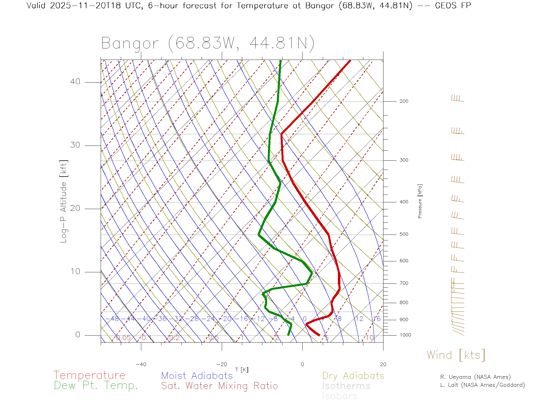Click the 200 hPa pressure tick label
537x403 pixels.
tap(404, 101)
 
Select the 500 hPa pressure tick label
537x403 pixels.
tap(404, 235)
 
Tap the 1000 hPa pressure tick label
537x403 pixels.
tap(405, 335)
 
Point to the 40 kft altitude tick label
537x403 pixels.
tap(75, 82)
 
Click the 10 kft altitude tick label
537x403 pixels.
tap(75, 271)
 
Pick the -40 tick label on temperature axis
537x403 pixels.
tap(141, 364)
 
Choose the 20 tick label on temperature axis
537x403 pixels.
tap(383, 364)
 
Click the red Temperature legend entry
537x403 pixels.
tap(89, 375)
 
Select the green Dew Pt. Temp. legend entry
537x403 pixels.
tap(96, 386)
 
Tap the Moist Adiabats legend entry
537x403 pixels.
tap(197, 376)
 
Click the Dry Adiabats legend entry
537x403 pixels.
tap(353, 376)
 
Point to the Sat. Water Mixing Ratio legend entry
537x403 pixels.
tap(219, 386)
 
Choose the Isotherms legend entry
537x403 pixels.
tap(346, 386)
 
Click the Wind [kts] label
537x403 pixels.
tap(456, 355)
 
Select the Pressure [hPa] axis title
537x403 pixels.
tap(420, 201)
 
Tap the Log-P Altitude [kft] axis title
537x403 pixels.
tap(64, 201)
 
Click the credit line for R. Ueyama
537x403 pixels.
tap(475, 377)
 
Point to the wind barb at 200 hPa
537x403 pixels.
tap(458, 99)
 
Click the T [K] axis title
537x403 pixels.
tap(242, 370)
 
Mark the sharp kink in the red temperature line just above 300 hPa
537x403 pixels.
tap(282, 134)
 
